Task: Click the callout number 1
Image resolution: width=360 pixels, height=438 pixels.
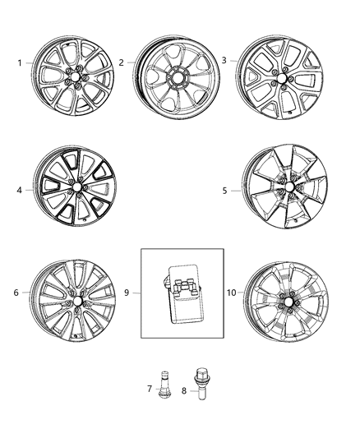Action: tap(20, 63)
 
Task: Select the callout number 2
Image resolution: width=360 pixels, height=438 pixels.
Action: tap(121, 62)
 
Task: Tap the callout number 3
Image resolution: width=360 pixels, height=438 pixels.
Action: tap(224, 60)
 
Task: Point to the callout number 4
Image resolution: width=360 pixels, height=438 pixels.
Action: tap(21, 189)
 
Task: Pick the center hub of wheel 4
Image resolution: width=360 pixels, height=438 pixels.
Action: tap(76, 188)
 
